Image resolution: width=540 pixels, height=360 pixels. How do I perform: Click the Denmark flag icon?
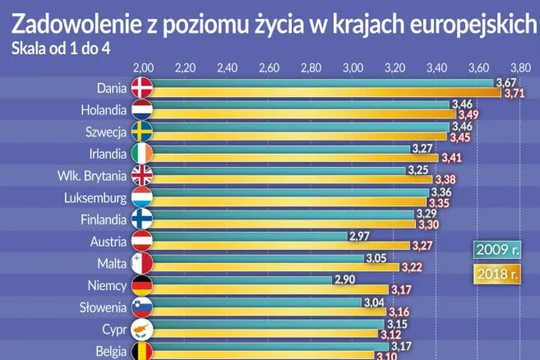click(x=142, y=88)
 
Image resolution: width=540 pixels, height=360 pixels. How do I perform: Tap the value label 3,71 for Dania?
click(x=515, y=93)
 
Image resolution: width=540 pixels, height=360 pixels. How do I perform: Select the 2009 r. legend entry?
click(x=496, y=249)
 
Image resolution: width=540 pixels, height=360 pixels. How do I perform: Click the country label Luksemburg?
click(x=95, y=198)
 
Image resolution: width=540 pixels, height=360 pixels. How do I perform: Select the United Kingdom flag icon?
click(x=142, y=176)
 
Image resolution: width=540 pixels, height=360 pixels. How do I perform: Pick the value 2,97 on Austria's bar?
click(x=360, y=236)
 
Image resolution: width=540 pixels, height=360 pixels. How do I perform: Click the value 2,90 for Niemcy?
click(x=344, y=280)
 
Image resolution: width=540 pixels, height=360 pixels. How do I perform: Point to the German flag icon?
click(x=142, y=286)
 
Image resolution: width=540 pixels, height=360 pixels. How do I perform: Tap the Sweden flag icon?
click(x=142, y=132)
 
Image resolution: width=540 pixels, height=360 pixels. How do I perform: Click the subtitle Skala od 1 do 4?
click(x=62, y=48)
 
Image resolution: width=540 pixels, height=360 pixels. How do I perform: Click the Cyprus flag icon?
click(x=142, y=330)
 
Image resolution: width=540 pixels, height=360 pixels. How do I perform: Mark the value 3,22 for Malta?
click(x=412, y=268)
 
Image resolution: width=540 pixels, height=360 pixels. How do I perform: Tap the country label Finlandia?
click(x=104, y=220)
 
